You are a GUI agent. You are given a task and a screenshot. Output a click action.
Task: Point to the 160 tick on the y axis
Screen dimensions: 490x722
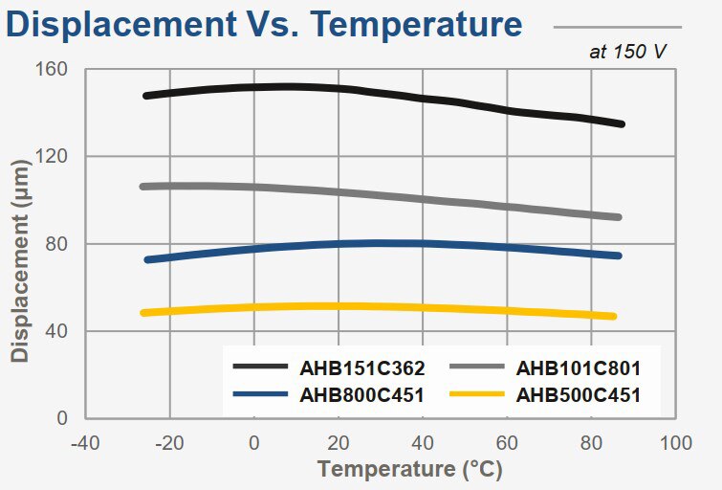coord(54,70)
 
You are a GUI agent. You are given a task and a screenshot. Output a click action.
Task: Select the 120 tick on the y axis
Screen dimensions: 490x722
coord(54,157)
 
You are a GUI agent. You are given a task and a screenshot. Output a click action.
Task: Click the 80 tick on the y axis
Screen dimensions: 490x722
coord(57,244)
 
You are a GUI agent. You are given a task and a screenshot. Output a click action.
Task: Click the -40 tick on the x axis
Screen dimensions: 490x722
coord(85,443)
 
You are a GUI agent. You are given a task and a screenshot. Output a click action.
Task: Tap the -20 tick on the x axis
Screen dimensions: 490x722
coord(169,443)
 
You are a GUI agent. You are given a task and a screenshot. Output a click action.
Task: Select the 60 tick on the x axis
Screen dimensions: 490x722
coord(507,443)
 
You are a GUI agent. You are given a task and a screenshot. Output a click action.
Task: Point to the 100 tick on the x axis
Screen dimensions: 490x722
coord(675,443)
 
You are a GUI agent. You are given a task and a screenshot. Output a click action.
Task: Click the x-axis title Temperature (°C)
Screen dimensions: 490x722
coord(409,470)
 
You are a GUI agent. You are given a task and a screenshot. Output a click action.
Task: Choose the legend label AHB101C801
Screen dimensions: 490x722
coord(579,367)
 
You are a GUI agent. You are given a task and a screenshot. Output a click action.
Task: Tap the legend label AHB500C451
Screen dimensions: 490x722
coord(579,393)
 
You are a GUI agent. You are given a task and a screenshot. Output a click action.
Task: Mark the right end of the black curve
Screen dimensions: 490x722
coord(622,124)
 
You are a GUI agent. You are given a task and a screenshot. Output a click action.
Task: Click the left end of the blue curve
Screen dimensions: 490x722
coord(147,259)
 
